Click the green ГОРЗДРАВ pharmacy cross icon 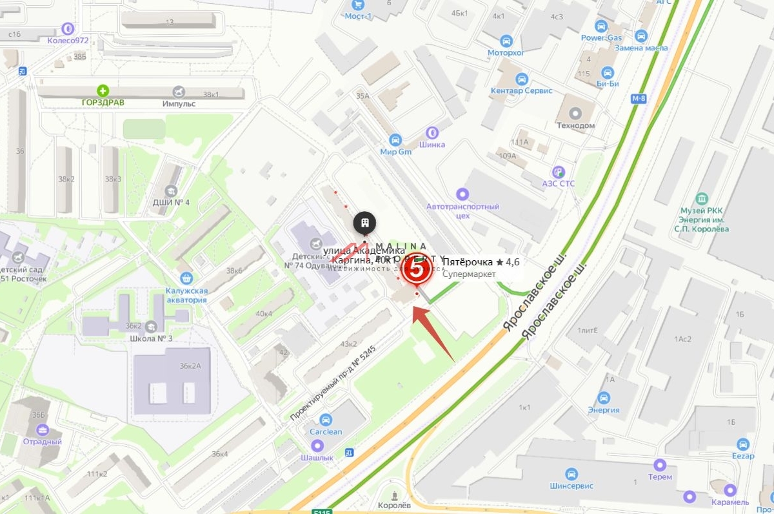coord(103,90)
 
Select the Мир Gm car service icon coord(395,139)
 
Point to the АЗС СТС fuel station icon coord(559,172)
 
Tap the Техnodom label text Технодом coord(575,125)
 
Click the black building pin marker coord(364,223)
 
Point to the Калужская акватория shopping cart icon coord(187,278)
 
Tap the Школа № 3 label coord(151,338)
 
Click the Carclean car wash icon coord(326,419)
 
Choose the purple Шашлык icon coord(317,445)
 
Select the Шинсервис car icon coord(571,474)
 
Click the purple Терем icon coord(659,465)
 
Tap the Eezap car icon coord(743,444)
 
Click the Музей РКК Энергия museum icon coord(703,198)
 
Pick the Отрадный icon coord(43,430)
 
